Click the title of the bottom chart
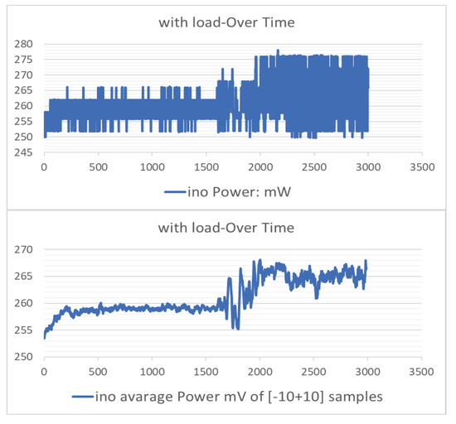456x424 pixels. pyautogui.click(x=228, y=225)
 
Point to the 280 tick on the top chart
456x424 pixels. pyautogui.click(x=23, y=43)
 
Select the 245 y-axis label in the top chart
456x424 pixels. pyautogui.click(x=23, y=152)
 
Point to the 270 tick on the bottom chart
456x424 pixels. pyautogui.click(x=23, y=248)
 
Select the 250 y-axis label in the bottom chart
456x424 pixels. pyautogui.click(x=23, y=357)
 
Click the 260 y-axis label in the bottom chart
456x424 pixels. pyautogui.click(x=23, y=303)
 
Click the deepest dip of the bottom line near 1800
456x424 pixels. pyautogui.click(x=237, y=329)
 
